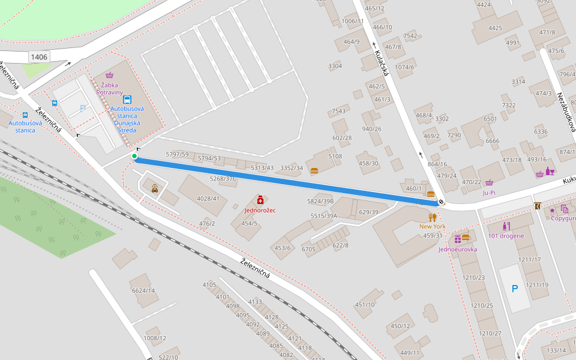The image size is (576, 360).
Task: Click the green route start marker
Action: [x=134, y=157]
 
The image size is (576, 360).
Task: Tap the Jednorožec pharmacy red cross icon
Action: [x=260, y=199]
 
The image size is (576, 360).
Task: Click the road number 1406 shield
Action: [x=39, y=57]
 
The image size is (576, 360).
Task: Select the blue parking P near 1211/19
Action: [x=514, y=289]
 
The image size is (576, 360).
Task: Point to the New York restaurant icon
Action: [x=432, y=217]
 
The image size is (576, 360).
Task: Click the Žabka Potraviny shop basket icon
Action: [x=109, y=75]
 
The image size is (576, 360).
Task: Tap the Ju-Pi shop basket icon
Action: [x=489, y=183]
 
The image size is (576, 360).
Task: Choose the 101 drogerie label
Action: [x=506, y=236]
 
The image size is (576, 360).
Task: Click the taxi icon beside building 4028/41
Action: [x=155, y=188]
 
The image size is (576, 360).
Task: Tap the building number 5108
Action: [x=335, y=157]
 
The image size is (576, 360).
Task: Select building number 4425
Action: [x=495, y=28]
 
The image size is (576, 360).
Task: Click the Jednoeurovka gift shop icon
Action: [x=457, y=239]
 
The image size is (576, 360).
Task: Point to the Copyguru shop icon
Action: [x=565, y=209]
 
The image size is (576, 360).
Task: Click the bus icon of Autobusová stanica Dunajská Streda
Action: [x=127, y=100]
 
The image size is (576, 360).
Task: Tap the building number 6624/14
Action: [x=143, y=290]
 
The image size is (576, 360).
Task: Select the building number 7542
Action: [x=410, y=36]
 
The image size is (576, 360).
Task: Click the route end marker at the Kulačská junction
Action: [x=441, y=202]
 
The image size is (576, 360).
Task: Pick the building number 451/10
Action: [x=365, y=305]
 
